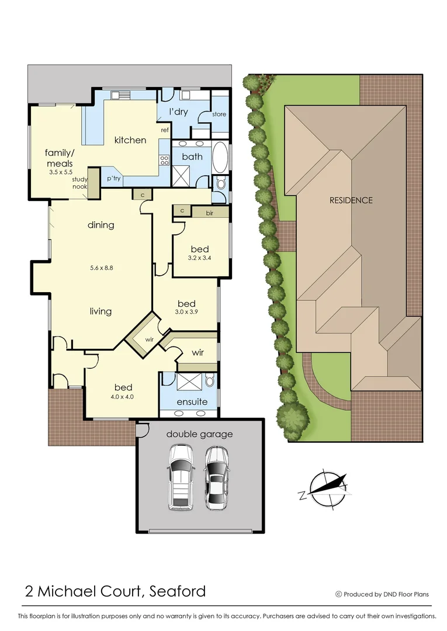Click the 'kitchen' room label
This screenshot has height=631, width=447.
[x=130, y=140]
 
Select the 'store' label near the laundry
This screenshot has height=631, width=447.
[x=219, y=115]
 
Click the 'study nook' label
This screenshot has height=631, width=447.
[x=80, y=183]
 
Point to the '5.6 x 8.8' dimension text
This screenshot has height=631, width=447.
[x=102, y=268]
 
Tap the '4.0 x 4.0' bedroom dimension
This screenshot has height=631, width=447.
[x=123, y=397]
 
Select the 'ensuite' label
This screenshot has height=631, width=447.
[x=192, y=402]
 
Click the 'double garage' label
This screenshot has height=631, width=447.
[x=199, y=434]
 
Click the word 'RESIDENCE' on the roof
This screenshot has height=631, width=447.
[x=351, y=200]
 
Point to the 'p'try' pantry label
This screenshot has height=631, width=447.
[x=113, y=179]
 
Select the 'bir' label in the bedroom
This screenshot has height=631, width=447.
[x=209, y=213]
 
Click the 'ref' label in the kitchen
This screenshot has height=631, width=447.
[x=165, y=130]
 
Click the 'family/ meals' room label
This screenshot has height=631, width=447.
[x=59, y=158]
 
